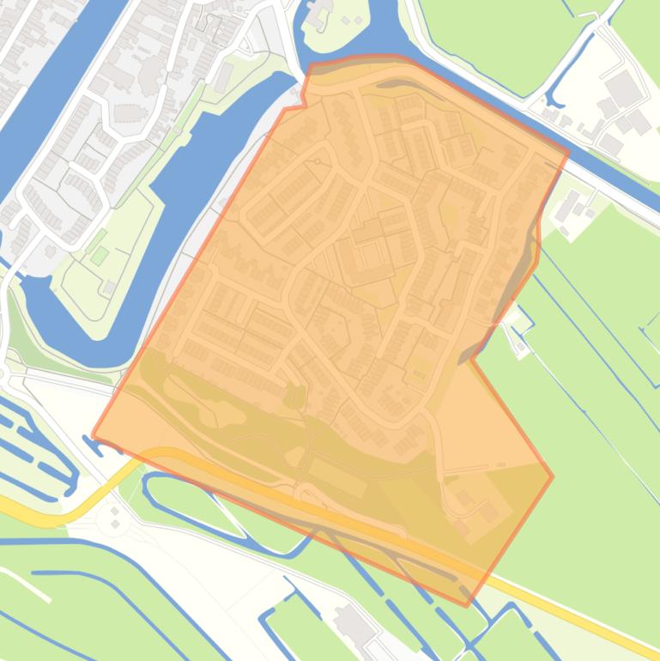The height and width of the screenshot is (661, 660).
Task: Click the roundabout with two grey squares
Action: pos(112,518)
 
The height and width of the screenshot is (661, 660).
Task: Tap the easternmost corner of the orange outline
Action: pos(553,477)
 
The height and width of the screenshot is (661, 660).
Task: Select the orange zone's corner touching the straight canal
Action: pos(568,155)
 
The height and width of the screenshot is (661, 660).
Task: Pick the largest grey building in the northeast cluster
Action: pos(622,88)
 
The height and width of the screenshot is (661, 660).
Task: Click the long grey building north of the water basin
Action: pos(222,78)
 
